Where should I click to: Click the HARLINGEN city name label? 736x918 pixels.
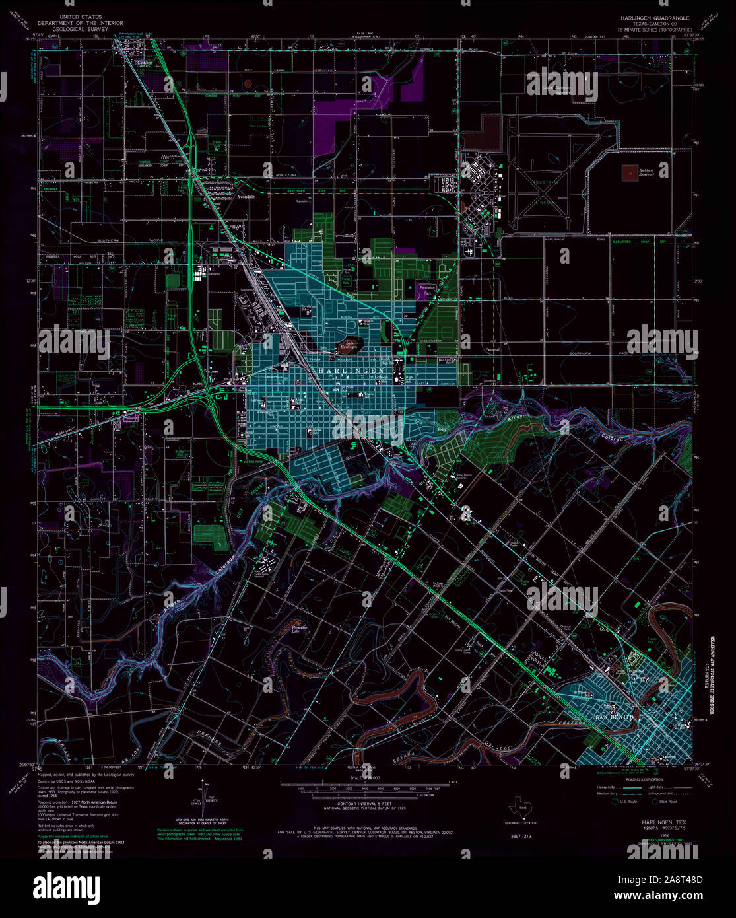[x=352, y=372]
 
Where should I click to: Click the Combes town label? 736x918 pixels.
[x=145, y=63]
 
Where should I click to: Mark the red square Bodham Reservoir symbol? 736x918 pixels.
[x=630, y=172]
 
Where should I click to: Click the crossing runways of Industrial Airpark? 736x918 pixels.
[x=545, y=192]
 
